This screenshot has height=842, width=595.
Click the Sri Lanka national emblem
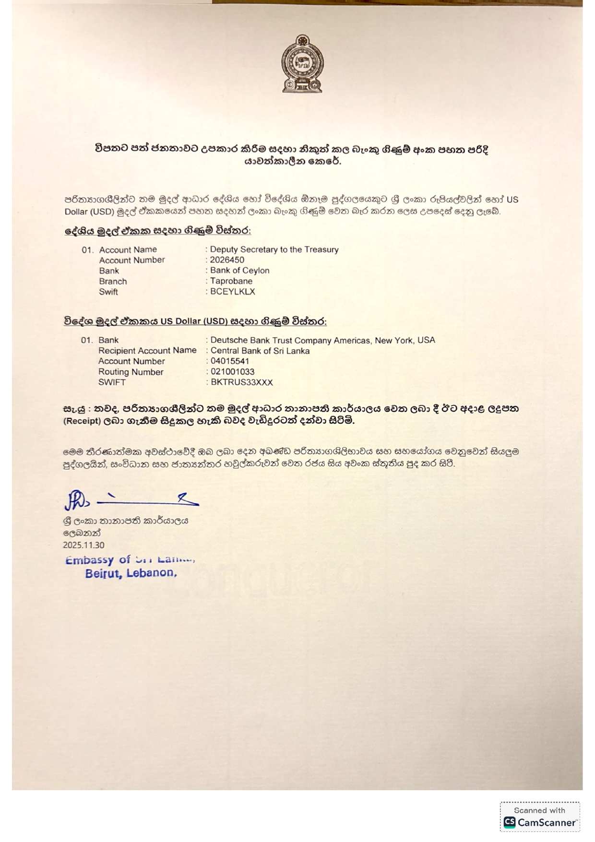302,64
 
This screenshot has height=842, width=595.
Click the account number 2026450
227,260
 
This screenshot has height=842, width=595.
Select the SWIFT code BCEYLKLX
233,292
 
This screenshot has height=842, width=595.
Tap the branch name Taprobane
231,281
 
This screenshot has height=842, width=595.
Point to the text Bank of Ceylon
239,271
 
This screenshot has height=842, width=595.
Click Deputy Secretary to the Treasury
274,249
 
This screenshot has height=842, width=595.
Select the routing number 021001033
232,372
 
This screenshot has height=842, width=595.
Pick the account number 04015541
230,361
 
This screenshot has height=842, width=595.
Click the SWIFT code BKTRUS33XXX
241,382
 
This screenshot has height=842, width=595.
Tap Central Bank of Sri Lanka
260,351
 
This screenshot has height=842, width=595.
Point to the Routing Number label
131,372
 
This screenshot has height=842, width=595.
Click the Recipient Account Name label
147,351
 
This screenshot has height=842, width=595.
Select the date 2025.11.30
83,545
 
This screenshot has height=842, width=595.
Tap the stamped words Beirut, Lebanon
131,573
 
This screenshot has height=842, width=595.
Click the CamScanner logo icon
510,822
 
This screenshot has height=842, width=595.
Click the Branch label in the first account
113,281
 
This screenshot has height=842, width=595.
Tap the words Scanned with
539,810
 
